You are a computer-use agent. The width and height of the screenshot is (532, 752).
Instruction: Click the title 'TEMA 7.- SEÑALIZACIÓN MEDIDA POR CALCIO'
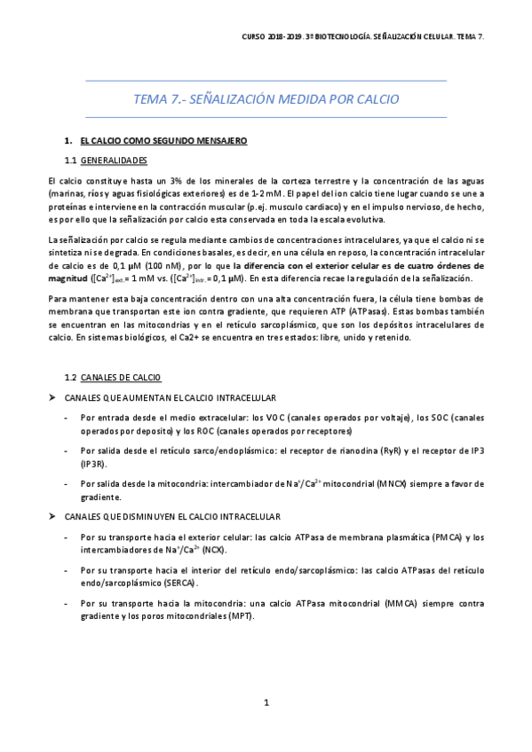pos(266,98)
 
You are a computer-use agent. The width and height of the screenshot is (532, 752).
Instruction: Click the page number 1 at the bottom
pos(266,704)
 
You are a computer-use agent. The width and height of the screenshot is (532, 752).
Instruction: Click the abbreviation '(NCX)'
pos(213,550)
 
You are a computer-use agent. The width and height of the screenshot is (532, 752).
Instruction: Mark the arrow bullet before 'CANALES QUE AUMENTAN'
pos(53,398)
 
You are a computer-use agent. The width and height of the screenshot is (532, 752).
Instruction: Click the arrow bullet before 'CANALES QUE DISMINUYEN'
pos(53,517)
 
